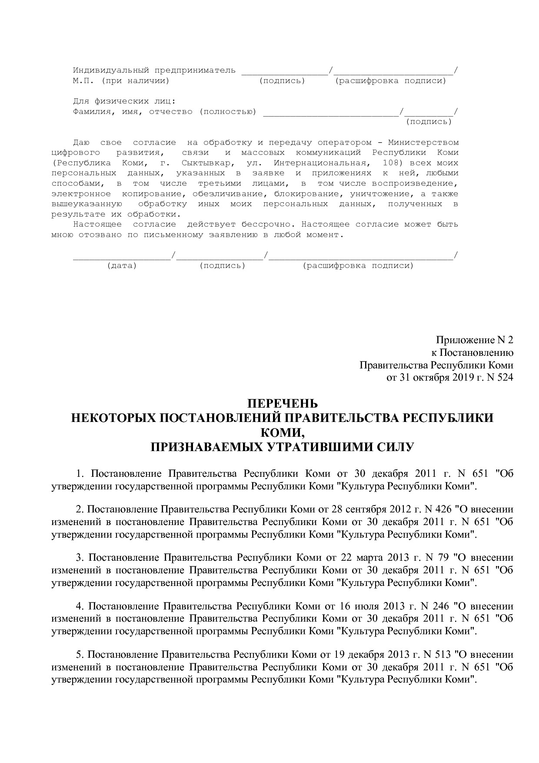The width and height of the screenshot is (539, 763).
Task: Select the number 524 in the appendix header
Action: tap(504, 377)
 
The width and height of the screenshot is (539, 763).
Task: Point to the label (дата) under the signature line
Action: tap(122, 265)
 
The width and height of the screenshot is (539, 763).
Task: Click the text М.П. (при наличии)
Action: tap(121, 80)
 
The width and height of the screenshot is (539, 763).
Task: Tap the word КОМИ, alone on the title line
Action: tap(282, 432)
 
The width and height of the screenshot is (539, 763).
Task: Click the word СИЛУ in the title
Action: tap(396, 447)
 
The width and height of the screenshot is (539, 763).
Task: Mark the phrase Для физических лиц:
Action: tap(124, 101)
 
